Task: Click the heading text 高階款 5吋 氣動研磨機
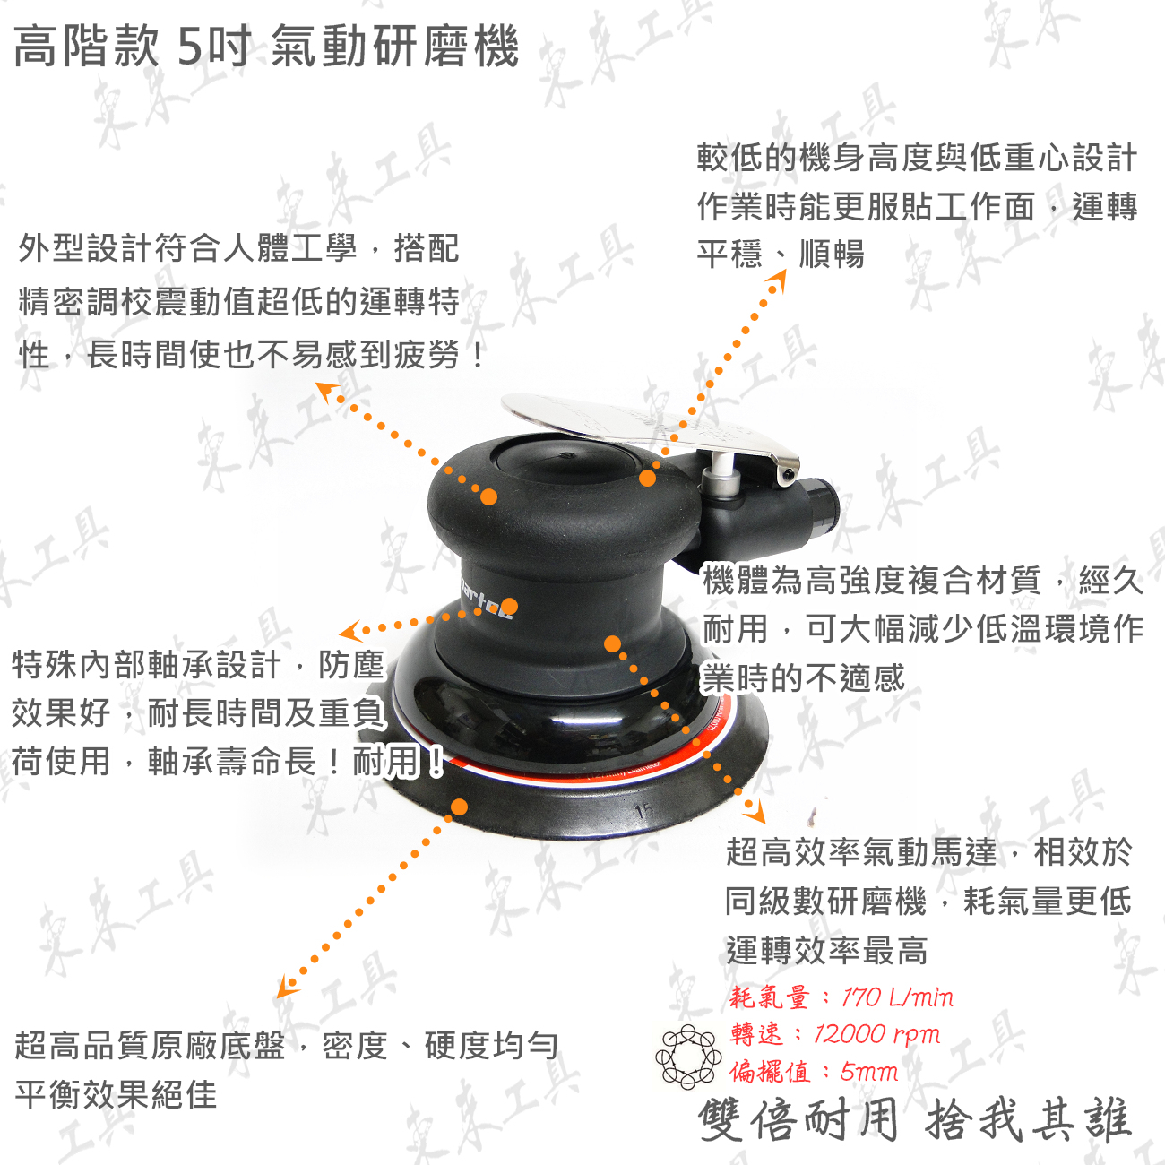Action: click(266, 47)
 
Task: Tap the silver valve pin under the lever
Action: click(721, 472)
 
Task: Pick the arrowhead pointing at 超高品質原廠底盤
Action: click(287, 987)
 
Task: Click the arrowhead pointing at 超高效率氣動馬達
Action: click(755, 812)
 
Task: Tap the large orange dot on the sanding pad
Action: click(460, 807)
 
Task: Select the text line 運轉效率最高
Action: click(826, 951)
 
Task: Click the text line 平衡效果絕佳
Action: click(116, 1095)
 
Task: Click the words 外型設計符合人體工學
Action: click(187, 248)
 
